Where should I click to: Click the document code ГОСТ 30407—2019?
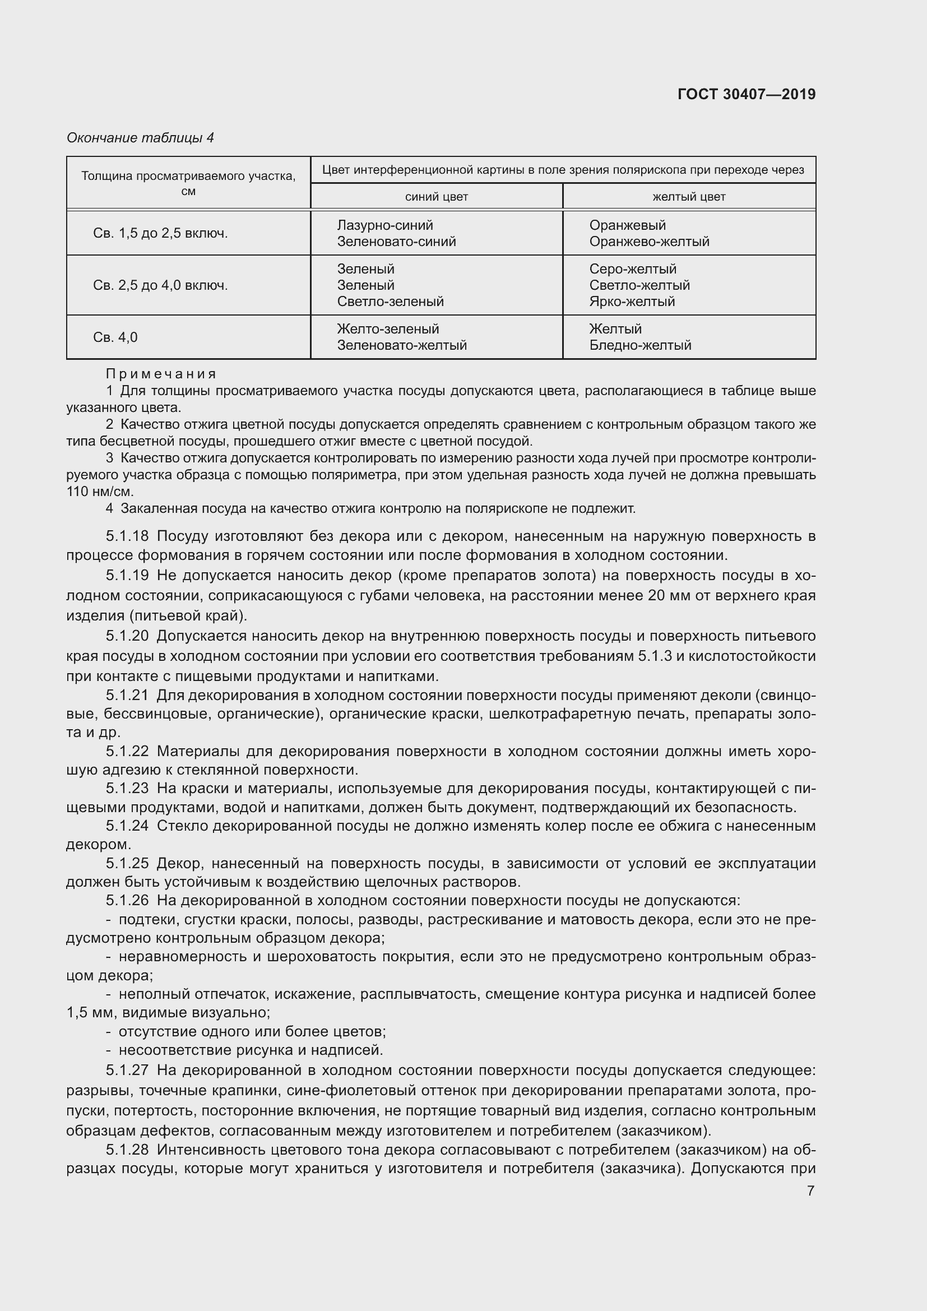[x=746, y=94]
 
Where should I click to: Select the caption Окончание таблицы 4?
[x=141, y=138]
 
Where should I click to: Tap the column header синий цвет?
[x=436, y=197]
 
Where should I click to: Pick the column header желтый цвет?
[x=689, y=197]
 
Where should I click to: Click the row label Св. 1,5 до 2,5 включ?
[x=160, y=234]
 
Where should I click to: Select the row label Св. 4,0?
[x=115, y=337]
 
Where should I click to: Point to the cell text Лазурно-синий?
[x=384, y=225]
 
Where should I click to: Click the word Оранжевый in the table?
[x=627, y=225]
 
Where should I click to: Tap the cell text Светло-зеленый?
[x=391, y=302]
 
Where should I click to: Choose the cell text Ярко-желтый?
[x=632, y=302]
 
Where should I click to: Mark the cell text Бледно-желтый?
[x=640, y=345]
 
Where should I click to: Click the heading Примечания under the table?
[x=161, y=374]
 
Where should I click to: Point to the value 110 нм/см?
[x=99, y=492]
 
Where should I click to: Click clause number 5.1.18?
[x=127, y=536]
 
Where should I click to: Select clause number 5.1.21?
[x=127, y=696]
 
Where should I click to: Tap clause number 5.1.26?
[x=127, y=901]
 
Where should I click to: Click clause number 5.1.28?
[x=127, y=1150]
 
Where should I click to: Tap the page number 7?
[x=810, y=1190]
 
